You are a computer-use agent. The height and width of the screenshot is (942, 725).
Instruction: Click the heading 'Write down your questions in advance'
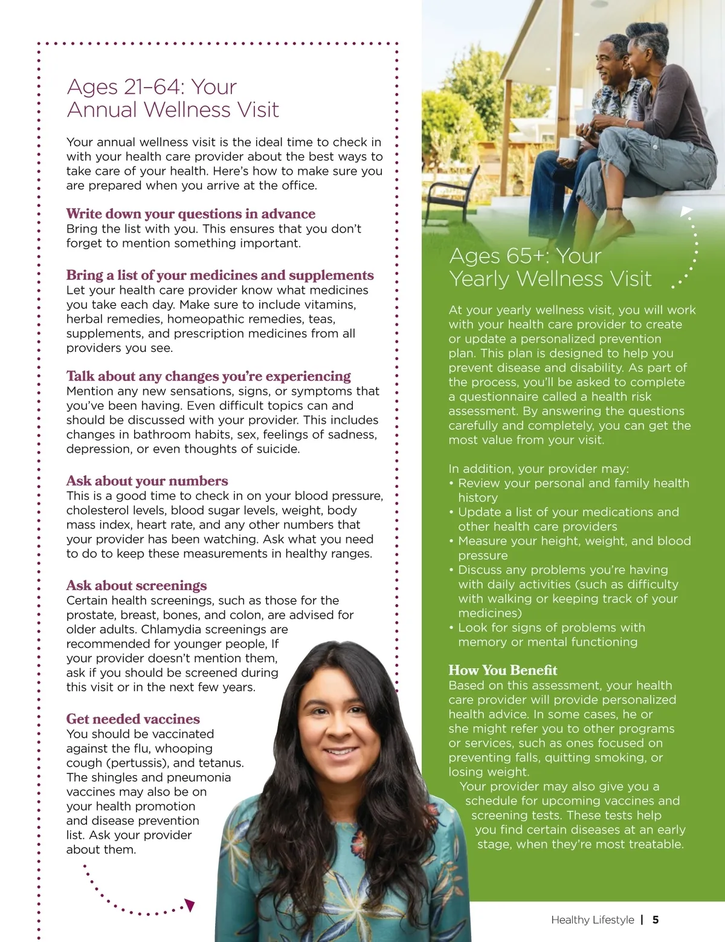(190, 214)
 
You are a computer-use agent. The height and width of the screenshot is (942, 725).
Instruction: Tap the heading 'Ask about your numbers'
(147, 481)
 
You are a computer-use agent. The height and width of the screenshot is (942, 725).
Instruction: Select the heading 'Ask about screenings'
(137, 586)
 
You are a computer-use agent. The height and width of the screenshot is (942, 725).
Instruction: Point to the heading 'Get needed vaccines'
(133, 719)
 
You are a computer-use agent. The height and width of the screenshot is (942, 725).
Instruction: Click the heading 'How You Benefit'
(503, 671)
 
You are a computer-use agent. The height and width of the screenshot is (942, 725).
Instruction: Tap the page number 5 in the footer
(656, 920)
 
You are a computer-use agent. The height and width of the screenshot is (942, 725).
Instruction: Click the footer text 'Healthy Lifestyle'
(592, 920)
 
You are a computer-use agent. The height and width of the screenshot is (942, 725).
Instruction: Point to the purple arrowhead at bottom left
(190, 905)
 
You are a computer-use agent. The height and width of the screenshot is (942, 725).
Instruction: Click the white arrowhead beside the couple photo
(686, 212)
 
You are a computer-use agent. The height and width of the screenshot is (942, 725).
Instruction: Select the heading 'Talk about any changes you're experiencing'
(208, 377)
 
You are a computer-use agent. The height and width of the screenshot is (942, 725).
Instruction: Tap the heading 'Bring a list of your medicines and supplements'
(220, 276)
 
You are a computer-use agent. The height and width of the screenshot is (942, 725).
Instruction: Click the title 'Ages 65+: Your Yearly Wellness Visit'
(550, 267)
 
